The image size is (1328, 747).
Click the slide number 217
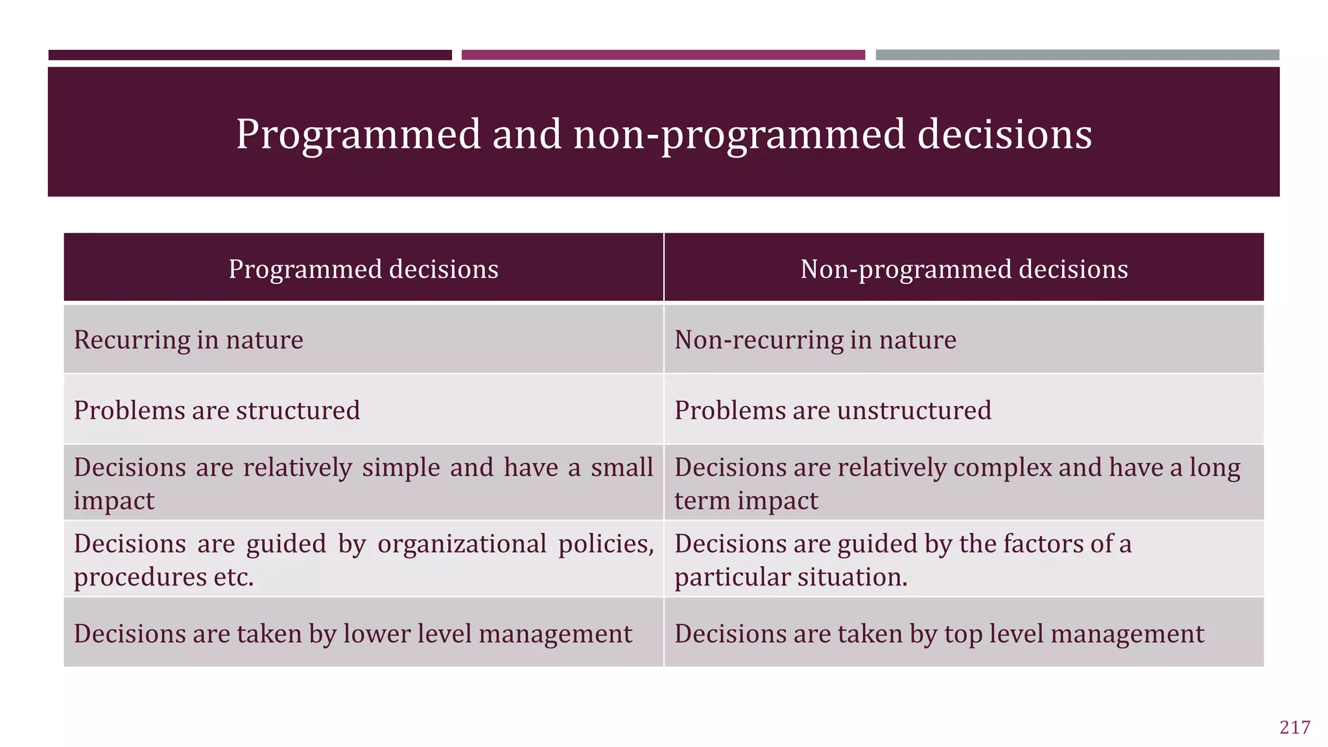click(1294, 728)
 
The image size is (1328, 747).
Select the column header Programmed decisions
click(363, 269)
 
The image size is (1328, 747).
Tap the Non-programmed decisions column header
click(964, 269)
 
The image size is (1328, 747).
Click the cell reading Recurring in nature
click(188, 340)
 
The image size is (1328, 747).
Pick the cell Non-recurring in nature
click(815, 340)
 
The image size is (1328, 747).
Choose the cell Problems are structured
click(217, 410)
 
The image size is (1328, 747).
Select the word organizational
click(462, 544)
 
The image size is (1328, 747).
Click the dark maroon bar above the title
click(250, 55)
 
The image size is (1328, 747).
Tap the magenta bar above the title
click(663, 55)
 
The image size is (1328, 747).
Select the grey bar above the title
click(1077, 55)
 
